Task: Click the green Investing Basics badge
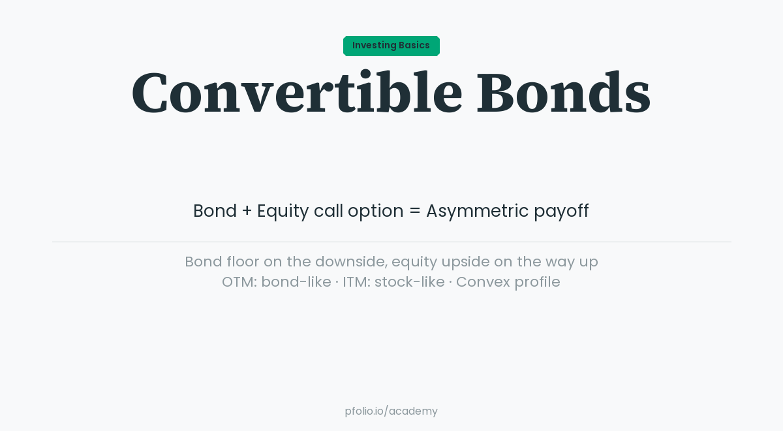pos(391,46)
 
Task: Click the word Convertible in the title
pos(297,93)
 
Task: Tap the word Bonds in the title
pos(563,93)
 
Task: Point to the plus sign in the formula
pos(247,211)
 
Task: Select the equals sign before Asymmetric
pos(414,212)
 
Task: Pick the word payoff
pos(561,212)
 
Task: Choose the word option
pos(375,212)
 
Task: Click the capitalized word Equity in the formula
pos(283,211)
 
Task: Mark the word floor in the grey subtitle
pos(242,261)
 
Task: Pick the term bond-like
pos(296,282)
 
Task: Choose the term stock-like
pos(409,282)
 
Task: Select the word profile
pos(536,282)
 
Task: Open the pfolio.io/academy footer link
pos(391,411)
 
